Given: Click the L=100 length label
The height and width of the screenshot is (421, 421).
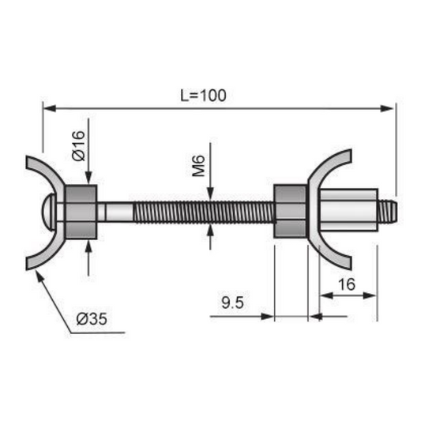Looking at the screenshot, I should click(203, 95).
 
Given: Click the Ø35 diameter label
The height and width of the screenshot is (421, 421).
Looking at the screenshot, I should click(92, 319).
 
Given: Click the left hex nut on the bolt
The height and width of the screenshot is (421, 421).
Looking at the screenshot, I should click(80, 212).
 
